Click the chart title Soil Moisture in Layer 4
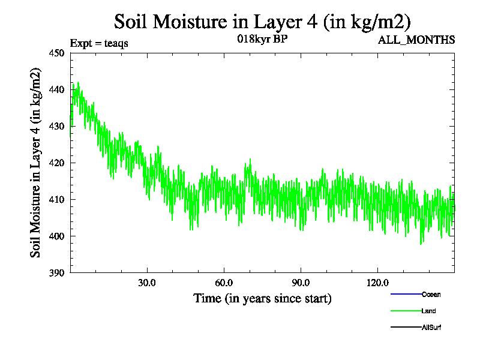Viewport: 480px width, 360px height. (x=262, y=22)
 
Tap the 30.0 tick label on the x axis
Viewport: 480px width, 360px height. (x=147, y=283)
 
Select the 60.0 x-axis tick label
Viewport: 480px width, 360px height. (x=224, y=283)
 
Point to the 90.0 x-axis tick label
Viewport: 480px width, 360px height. (x=301, y=283)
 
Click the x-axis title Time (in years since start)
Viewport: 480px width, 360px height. (x=262, y=298)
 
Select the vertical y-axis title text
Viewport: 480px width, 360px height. (x=37, y=163)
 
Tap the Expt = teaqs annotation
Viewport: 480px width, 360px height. (x=99, y=43)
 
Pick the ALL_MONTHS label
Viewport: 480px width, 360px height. (x=416, y=40)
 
